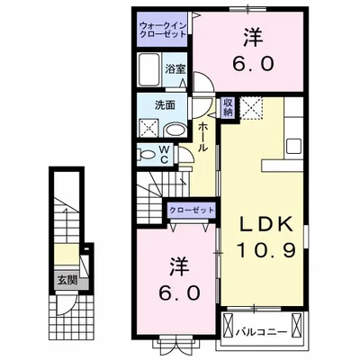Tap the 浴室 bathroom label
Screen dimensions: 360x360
[x=175, y=67]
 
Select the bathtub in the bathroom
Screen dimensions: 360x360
[x=150, y=69]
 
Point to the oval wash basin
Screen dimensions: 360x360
[x=176, y=129]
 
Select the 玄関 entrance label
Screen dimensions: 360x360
[x=64, y=281]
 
